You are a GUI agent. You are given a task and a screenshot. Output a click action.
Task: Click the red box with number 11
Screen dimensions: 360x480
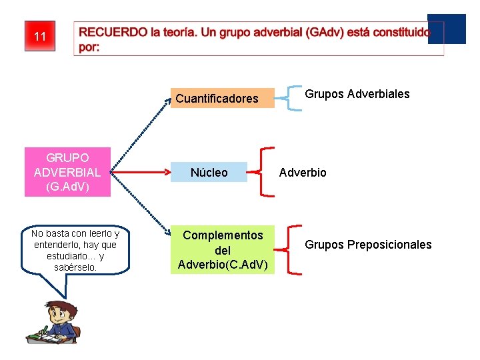[40, 36]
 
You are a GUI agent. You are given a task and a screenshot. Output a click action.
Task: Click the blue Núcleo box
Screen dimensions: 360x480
[209, 172]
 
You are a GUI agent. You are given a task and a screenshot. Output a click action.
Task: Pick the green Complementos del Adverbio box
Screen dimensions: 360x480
[223, 250]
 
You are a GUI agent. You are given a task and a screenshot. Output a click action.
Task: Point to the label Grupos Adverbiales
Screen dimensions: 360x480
[357, 94]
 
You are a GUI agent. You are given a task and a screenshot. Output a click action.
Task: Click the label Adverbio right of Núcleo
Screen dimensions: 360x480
[303, 173]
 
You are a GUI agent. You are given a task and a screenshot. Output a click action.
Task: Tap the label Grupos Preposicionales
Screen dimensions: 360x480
[368, 245]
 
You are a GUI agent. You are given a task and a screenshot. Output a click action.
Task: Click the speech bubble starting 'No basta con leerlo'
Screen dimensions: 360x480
[75, 250]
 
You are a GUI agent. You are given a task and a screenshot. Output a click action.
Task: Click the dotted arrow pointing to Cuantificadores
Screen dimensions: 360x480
[137, 130]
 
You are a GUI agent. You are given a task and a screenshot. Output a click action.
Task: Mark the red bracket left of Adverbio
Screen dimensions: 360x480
[265, 172]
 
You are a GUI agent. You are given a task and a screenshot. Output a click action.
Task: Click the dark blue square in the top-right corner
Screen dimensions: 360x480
[446, 29]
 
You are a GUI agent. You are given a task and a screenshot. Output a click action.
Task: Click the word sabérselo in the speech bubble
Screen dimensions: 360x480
[75, 267]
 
